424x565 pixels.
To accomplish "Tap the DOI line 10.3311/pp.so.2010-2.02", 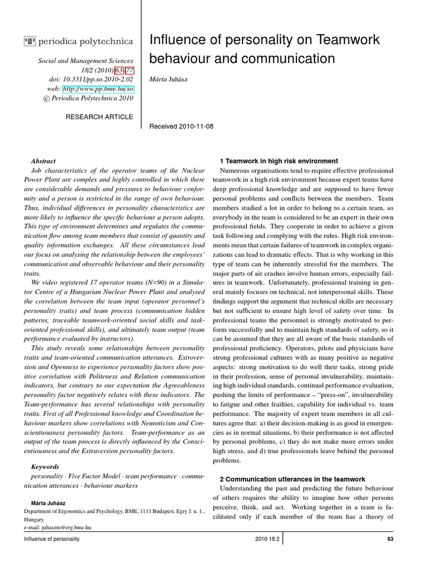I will tap(91, 79).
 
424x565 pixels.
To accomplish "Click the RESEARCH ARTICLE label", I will tap(99, 116).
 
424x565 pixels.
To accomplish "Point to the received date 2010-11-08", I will tap(182, 126).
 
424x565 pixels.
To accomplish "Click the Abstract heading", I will tap(44, 161).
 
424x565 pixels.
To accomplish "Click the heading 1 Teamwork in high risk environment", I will tap(279, 161).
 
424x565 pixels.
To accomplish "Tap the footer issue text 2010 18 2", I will tap(267, 539).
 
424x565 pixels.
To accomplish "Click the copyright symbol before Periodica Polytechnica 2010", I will tap(46, 98).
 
